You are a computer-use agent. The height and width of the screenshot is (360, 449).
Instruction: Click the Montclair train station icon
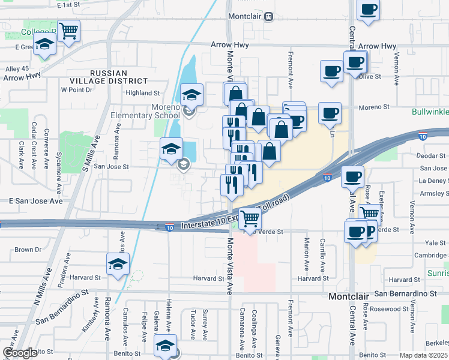coord(270,16)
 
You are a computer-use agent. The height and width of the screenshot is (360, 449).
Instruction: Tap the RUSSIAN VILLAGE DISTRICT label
coord(119,77)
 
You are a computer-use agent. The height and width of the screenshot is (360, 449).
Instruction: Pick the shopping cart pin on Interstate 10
coord(250,219)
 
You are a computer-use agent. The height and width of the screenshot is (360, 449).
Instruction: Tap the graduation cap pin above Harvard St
coord(118,265)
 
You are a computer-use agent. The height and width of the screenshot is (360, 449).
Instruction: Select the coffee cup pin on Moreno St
coord(329,113)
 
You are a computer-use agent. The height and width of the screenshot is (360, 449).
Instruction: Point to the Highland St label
coord(143,93)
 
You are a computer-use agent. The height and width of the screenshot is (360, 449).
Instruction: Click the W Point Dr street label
coord(76,90)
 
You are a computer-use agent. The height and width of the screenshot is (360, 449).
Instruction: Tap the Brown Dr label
coord(28,250)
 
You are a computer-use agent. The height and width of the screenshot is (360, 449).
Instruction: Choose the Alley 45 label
coord(17,69)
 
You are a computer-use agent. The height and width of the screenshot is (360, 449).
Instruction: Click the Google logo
coord(20,353)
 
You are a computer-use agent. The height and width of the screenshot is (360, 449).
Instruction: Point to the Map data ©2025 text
coord(423,355)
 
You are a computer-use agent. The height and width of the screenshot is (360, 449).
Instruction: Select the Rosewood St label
coord(391,309)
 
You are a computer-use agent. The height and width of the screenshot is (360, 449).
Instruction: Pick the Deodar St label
coord(433,155)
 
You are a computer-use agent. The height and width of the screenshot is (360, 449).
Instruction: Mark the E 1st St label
coord(67,5)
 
